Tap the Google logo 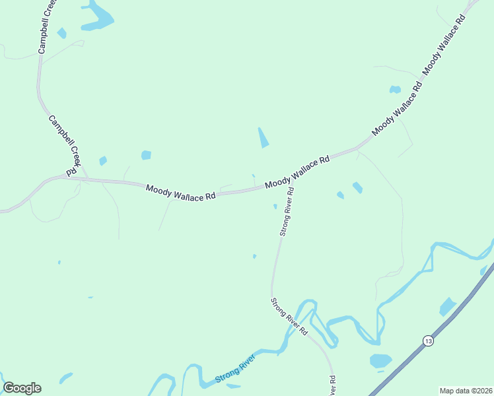pyautogui.click(x=22, y=388)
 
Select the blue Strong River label pyautogui.click(x=235, y=371)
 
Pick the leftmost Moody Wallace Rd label pyautogui.click(x=181, y=192)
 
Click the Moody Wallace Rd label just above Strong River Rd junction pyautogui.click(x=297, y=173)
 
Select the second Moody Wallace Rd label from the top pyautogui.click(x=396, y=110)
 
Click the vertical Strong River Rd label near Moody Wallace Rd pyautogui.click(x=286, y=211)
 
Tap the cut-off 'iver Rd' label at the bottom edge pyautogui.click(x=334, y=385)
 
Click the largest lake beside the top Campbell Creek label pyautogui.click(x=98, y=17)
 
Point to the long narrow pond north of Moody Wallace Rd pyautogui.click(x=263, y=137)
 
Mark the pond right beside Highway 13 pyautogui.click(x=448, y=306)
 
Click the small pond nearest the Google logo pyautogui.click(x=65, y=378)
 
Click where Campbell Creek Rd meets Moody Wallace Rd pyautogui.click(x=74, y=177)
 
